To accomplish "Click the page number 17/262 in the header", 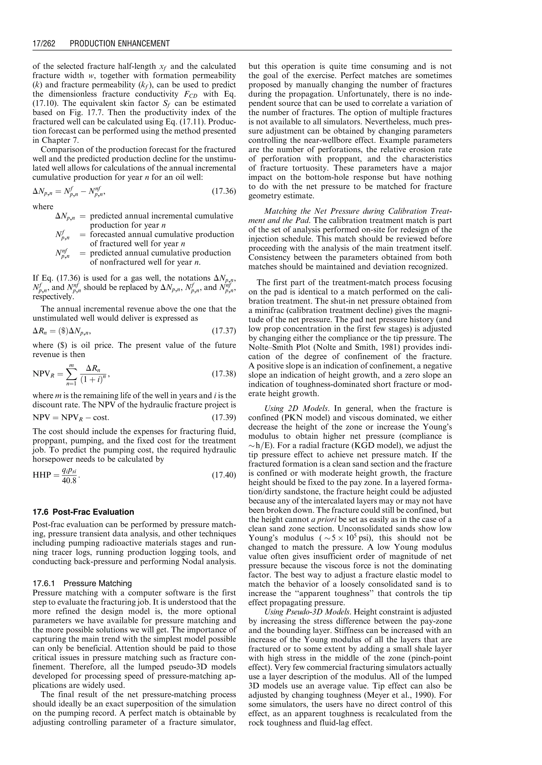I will [x=44, y=43].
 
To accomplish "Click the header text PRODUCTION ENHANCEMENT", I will [x=120, y=43].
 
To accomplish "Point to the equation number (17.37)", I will [x=224, y=331].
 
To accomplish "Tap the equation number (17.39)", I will [x=224, y=417].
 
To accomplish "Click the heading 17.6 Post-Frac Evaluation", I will [x=83, y=512].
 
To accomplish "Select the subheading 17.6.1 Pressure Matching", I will [x=82, y=583].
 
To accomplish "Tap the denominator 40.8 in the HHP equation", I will [x=69, y=481].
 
